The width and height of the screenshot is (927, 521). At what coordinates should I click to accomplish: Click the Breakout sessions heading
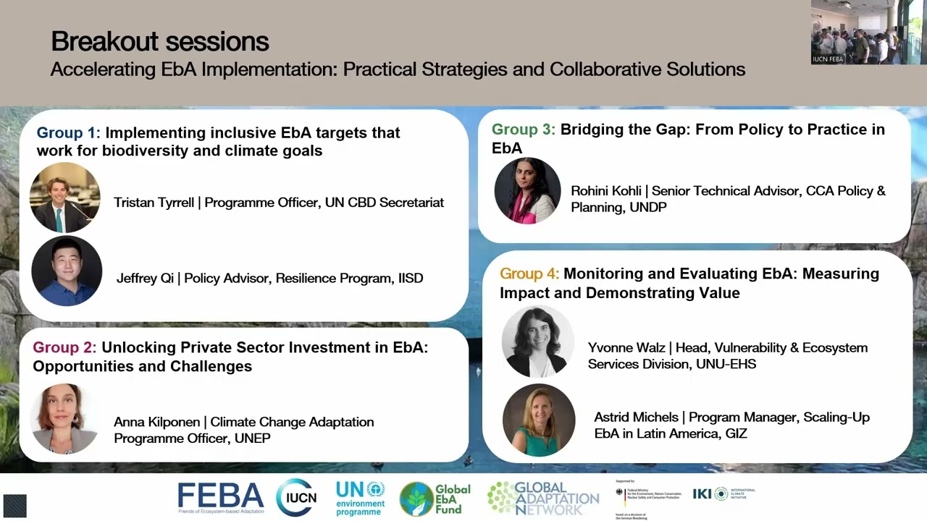(x=159, y=41)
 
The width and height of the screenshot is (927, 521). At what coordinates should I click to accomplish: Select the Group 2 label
(x=64, y=347)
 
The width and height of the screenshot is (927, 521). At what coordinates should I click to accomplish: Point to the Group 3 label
(x=523, y=130)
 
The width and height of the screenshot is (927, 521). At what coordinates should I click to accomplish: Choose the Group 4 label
(x=529, y=274)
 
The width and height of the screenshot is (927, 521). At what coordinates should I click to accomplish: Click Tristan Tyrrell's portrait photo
(x=65, y=198)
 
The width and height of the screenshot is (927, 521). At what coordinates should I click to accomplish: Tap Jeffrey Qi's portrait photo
(x=67, y=271)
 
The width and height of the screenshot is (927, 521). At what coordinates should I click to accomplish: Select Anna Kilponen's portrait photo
(x=65, y=419)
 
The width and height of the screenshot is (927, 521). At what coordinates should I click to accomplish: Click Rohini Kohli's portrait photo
(x=527, y=191)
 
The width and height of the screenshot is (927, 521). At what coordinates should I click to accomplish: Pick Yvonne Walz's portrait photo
(x=537, y=342)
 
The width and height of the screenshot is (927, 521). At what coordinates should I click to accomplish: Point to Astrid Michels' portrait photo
(x=539, y=420)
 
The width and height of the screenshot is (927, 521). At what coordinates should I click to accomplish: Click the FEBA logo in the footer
(x=221, y=498)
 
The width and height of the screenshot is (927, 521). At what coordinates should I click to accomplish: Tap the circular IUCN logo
(x=296, y=498)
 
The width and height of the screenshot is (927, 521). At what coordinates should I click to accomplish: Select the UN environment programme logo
(x=360, y=498)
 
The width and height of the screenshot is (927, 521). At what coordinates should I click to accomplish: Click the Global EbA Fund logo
(x=435, y=499)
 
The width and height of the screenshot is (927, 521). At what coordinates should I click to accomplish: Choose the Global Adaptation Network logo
(x=543, y=498)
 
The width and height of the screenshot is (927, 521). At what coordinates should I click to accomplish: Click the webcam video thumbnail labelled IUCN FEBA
(x=868, y=33)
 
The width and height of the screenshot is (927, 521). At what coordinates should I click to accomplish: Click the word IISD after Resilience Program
(x=410, y=278)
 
